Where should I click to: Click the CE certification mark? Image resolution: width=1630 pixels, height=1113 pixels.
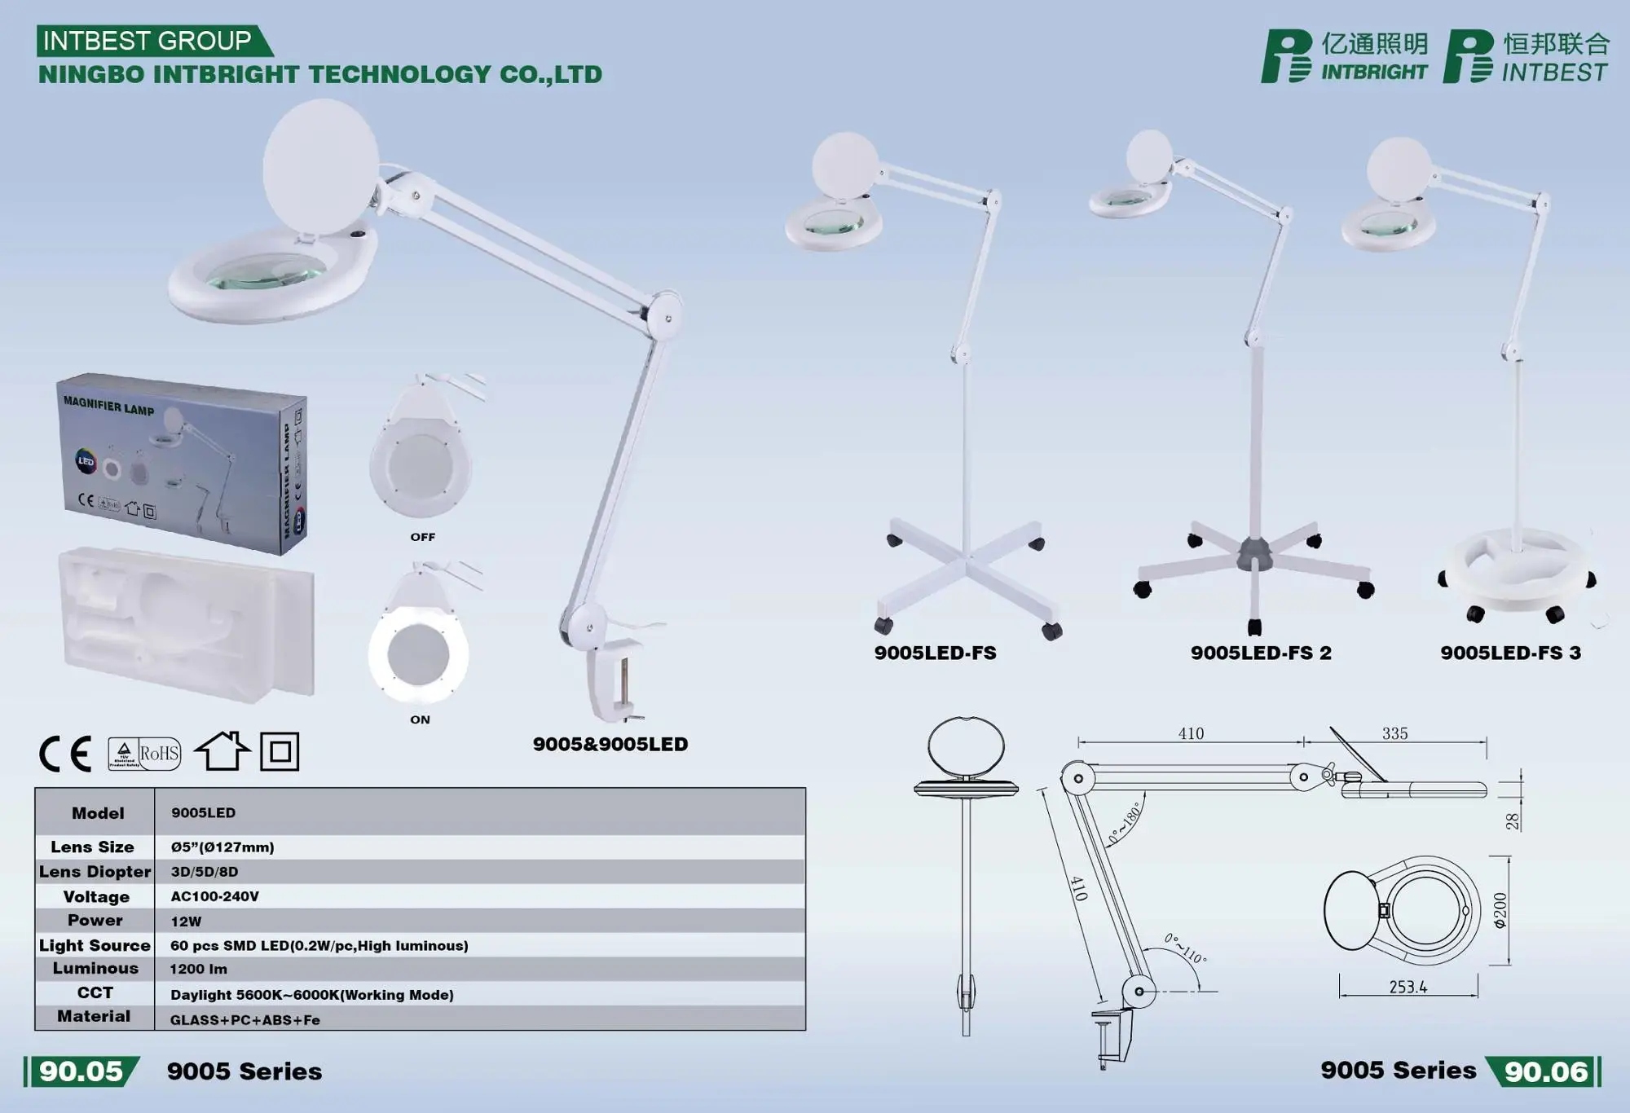[x=65, y=753]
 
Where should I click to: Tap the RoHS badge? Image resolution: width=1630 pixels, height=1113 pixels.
[x=145, y=753]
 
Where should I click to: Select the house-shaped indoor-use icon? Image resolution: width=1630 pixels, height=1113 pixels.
[x=222, y=750]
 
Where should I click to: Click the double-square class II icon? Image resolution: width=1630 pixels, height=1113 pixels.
[x=280, y=751]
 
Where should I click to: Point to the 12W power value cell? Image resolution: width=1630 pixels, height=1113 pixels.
[x=186, y=922]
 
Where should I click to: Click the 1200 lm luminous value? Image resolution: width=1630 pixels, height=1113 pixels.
[x=198, y=970]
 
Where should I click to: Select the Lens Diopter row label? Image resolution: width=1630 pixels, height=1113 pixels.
[x=95, y=872]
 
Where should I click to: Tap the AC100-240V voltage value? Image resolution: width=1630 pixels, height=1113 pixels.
[x=214, y=896]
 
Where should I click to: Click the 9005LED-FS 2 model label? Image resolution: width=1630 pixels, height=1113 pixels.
[x=1260, y=653]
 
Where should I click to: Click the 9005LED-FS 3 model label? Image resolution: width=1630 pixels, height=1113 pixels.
[x=1510, y=653]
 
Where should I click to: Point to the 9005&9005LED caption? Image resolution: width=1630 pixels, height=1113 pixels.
[x=610, y=745]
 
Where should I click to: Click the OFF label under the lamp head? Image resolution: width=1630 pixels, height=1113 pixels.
[x=422, y=537]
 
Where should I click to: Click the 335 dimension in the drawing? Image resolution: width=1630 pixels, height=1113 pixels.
[x=1394, y=733]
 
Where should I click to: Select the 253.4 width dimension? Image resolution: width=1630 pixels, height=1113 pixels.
[x=1408, y=988]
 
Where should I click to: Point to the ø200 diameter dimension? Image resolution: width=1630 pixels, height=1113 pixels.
[x=1500, y=910]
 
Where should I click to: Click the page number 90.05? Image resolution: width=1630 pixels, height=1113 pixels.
[x=81, y=1071]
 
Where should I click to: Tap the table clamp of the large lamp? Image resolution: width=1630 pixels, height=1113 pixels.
[x=613, y=680]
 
